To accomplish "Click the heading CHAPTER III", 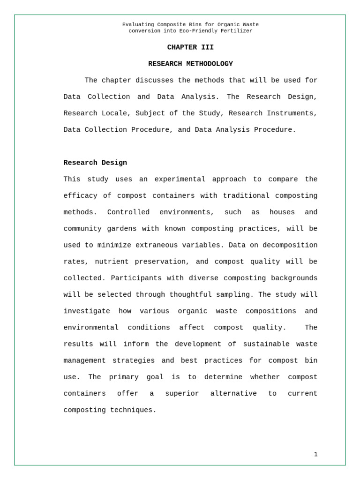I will point(190,47).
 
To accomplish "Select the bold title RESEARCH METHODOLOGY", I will point(190,64).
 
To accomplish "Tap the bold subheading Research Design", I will point(95,163).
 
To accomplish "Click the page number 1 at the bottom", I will point(315,454).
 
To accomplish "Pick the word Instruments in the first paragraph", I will point(294,113).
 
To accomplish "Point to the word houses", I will point(282,212).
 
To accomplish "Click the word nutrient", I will point(112,262).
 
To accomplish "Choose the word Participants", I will point(135,278).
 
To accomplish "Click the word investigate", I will point(87,311).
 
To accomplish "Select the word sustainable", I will point(266,344).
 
